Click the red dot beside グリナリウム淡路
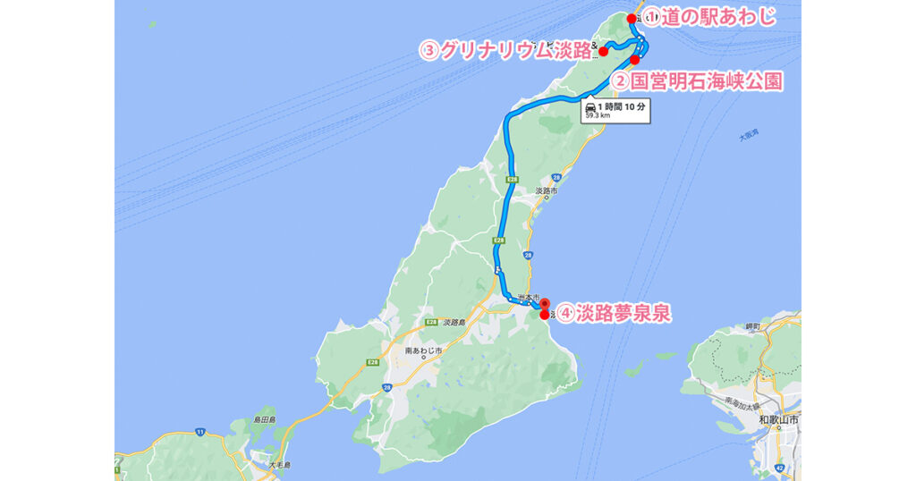point(604,51)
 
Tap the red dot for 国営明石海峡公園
point(634,60)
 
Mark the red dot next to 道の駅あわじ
point(632,19)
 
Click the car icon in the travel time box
point(589,106)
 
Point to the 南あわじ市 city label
point(424,350)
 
